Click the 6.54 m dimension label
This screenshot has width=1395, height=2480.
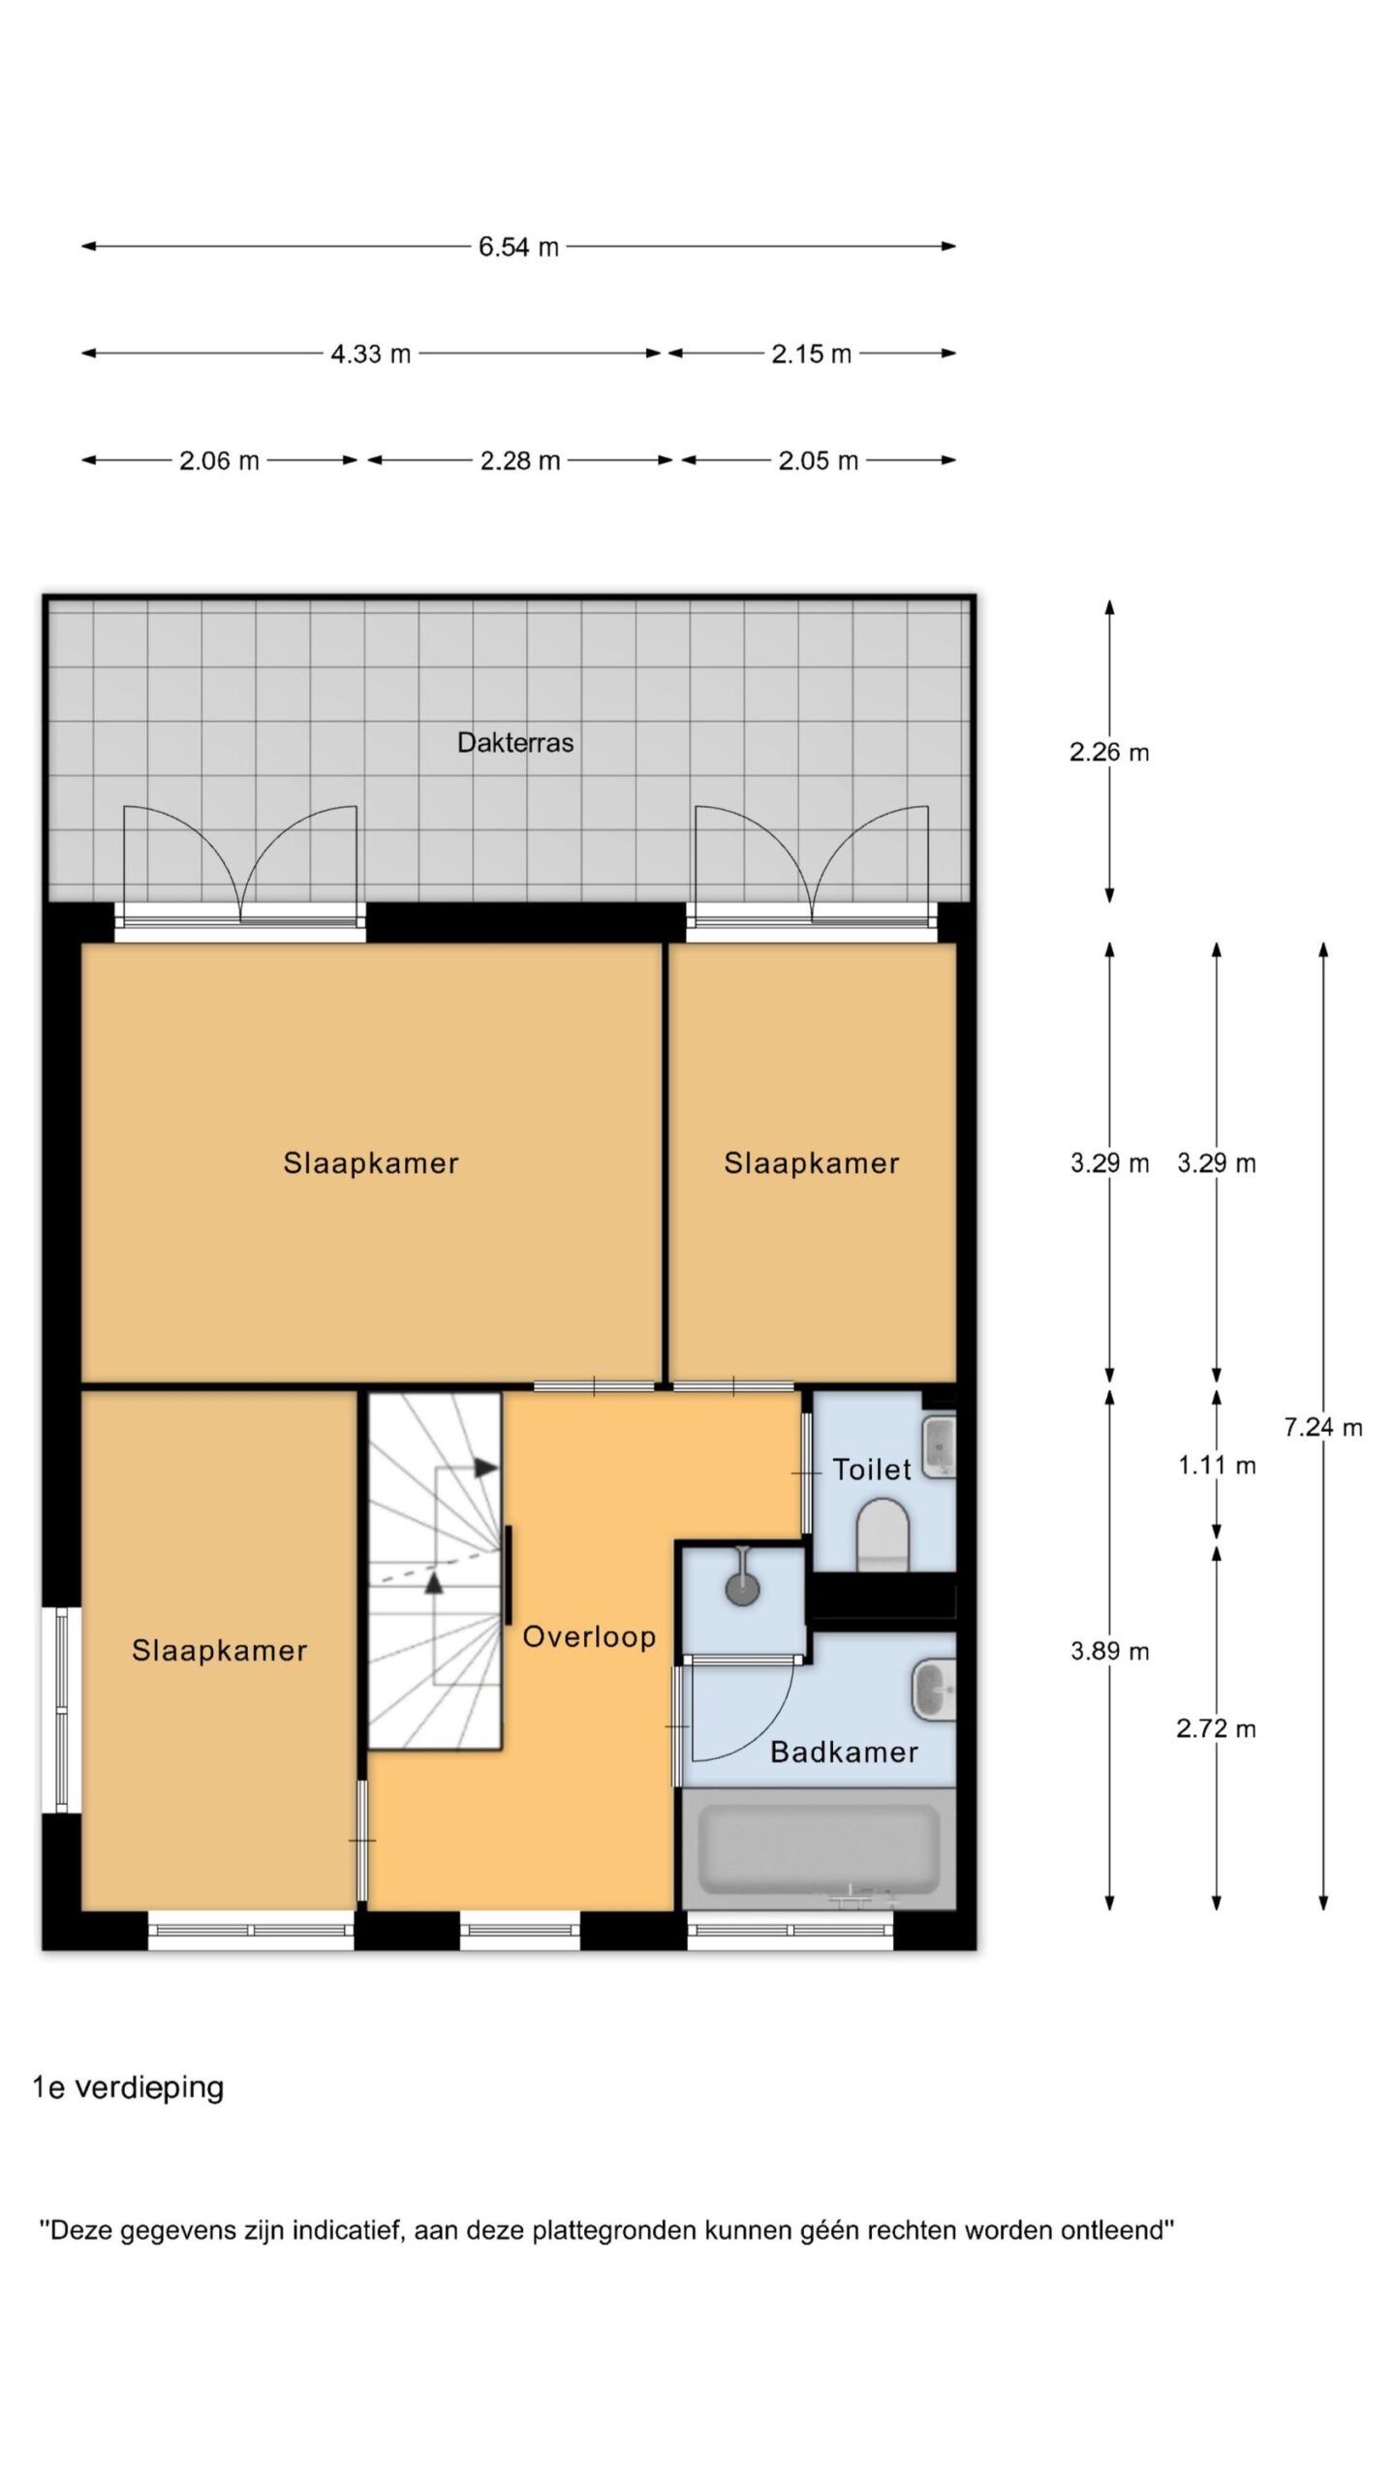pyautogui.click(x=518, y=247)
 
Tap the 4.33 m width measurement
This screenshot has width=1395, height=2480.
pyautogui.click(x=371, y=354)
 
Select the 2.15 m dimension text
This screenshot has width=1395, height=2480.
pyautogui.click(x=812, y=354)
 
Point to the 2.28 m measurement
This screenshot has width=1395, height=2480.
pyautogui.click(x=520, y=460)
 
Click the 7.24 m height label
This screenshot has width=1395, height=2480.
pyautogui.click(x=1323, y=1427)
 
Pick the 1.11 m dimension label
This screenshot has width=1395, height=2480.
pyautogui.click(x=1217, y=1466)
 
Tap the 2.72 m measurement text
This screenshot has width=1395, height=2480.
pyautogui.click(x=1217, y=1728)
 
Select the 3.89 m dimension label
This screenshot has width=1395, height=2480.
pyautogui.click(x=1110, y=1651)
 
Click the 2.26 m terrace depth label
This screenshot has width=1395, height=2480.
pyautogui.click(x=1110, y=752)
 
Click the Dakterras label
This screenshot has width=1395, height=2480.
pyautogui.click(x=515, y=743)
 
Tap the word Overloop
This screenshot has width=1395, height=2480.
pyautogui.click(x=589, y=1637)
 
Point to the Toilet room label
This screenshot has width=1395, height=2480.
pyautogui.click(x=872, y=1470)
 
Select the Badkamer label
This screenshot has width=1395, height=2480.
pyautogui.click(x=844, y=1751)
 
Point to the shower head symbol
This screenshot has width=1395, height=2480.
pyautogui.click(x=742, y=1588)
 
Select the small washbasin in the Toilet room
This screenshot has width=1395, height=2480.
pyautogui.click(x=939, y=1446)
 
